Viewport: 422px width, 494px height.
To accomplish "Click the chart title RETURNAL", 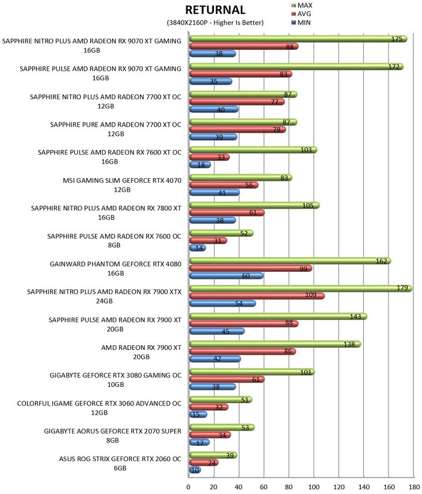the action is pos(215,10).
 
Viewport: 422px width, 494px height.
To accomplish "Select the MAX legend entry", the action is pos(302,5).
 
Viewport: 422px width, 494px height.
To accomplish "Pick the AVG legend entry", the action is pos(301,14).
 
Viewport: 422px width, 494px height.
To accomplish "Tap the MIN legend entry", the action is pos(301,23).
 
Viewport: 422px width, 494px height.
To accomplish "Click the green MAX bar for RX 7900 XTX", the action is pos(301,288).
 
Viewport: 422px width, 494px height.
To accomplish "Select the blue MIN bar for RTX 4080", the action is pos(226,276).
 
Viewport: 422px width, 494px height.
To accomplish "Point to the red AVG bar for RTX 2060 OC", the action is pos(203,463).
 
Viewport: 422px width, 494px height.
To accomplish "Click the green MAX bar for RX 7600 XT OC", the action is pos(253,150).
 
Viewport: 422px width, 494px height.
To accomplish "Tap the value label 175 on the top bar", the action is pos(397,39).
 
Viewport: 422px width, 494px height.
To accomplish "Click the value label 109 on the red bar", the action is pos(311,295).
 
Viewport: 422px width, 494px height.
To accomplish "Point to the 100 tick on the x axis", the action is pos(314,487).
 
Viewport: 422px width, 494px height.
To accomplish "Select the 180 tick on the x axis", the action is pos(414,487).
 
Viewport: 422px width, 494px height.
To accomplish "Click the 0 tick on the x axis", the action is pos(189,487).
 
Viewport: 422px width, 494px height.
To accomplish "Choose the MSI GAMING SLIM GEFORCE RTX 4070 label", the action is pos(122,185).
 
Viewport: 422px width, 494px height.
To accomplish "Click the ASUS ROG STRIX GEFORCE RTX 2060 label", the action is pos(120,464).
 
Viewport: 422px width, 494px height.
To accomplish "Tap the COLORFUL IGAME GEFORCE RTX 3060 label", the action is pos(99,408).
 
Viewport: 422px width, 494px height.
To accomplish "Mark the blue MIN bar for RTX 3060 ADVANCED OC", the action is pos(198,415).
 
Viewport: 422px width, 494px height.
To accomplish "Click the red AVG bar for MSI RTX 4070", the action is pos(224,185).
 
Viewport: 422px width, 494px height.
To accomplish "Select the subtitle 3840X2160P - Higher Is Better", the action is pos(215,23).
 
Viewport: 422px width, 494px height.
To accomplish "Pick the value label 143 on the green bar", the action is pos(356,316).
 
